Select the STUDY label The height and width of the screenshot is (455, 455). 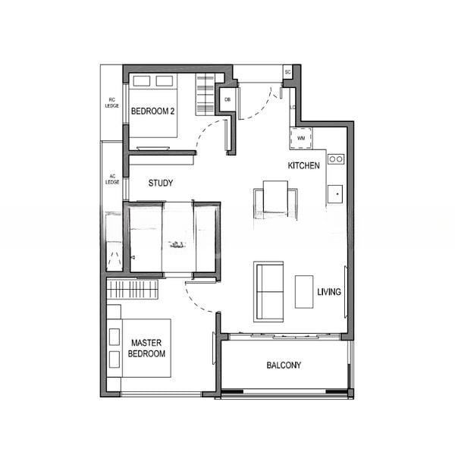(160, 183)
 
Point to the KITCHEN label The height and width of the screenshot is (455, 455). (303, 165)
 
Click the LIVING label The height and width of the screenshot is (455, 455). (329, 292)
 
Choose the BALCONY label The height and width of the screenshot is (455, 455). (284, 366)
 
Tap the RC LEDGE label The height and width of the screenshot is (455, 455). (111, 102)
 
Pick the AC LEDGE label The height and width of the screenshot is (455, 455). (111, 180)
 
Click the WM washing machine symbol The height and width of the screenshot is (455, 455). (300, 138)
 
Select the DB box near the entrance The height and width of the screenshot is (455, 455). (227, 99)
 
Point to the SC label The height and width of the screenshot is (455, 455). (288, 72)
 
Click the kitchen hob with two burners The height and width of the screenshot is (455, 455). (335, 159)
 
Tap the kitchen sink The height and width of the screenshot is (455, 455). (334, 194)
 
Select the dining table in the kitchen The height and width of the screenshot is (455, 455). (275, 199)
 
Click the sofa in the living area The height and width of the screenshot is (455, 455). (268, 291)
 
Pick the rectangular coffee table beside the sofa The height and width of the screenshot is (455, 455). (304, 291)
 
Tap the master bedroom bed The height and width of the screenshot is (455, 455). (141, 348)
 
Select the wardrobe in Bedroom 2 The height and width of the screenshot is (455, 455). (205, 95)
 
